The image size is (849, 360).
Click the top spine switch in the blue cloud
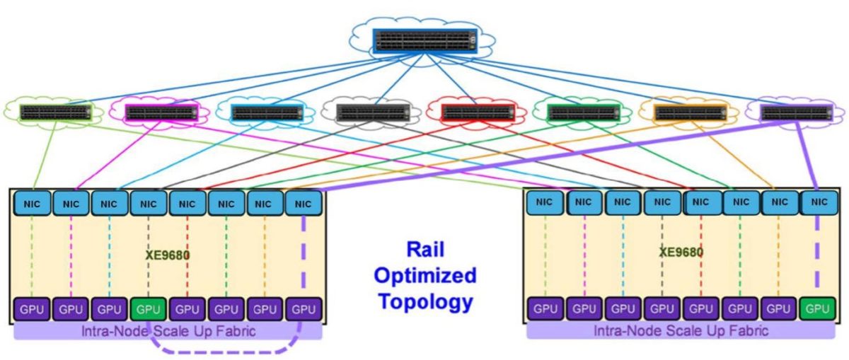click(x=425, y=40)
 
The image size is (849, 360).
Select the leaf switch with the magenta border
click(x=162, y=112)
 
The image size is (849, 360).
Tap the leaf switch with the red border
click(x=478, y=112)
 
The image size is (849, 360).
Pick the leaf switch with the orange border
click(x=691, y=113)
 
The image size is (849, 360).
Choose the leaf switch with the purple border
click(x=797, y=113)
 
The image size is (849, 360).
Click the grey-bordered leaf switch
click(x=373, y=112)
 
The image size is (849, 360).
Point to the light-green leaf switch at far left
click(x=56, y=112)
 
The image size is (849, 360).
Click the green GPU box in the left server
click(x=148, y=309)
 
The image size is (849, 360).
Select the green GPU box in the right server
click(x=818, y=308)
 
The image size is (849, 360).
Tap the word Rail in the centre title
click(x=425, y=250)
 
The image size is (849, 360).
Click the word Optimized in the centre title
click(x=425, y=276)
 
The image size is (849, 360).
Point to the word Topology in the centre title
click(x=426, y=302)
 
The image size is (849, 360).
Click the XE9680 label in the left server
click(x=168, y=255)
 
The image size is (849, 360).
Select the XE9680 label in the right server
click(x=681, y=252)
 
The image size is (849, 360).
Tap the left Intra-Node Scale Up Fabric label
click(x=168, y=331)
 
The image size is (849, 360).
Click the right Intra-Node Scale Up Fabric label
click(x=681, y=331)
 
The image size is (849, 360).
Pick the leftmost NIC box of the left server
click(x=33, y=204)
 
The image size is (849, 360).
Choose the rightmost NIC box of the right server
click(x=819, y=202)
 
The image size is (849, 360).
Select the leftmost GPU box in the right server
click(x=545, y=308)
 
